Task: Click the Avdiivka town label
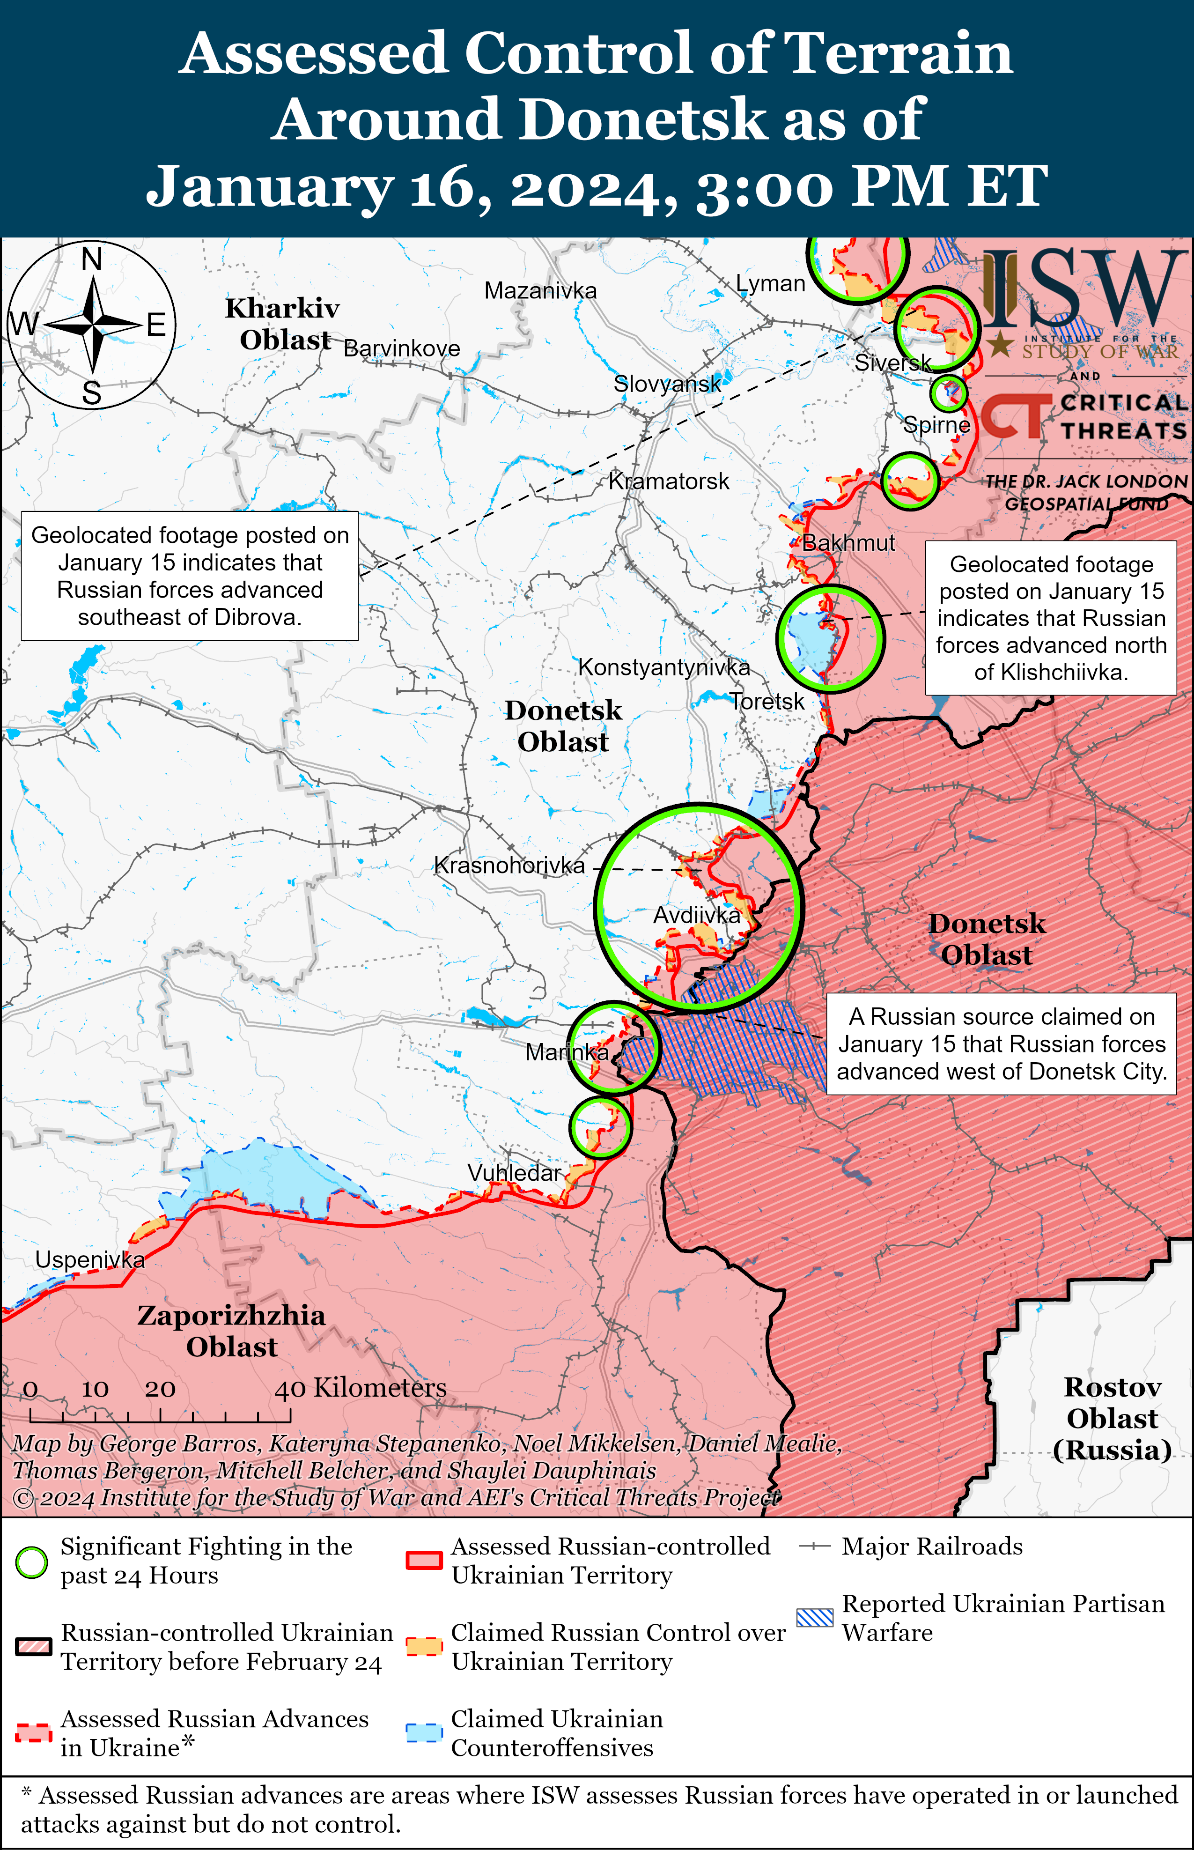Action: coord(696,916)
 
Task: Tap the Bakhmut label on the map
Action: coord(848,543)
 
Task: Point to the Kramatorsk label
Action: coord(668,481)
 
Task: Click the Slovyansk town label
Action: coord(667,384)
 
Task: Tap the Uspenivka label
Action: coord(90,1260)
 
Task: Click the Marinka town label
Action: coord(567,1052)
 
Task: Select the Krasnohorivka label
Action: coord(509,866)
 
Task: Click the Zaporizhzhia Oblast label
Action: coord(231,1331)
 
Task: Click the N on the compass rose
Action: coord(91,259)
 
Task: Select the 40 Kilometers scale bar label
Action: coord(361,1387)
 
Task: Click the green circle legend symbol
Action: coord(32,1562)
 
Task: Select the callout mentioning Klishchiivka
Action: coord(1051,618)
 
